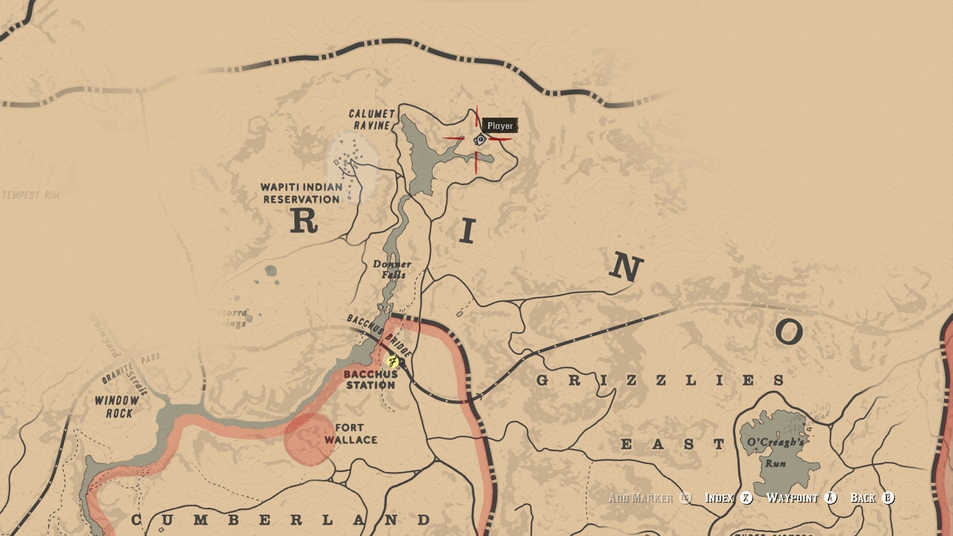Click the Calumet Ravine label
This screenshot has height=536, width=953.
coord(371,120)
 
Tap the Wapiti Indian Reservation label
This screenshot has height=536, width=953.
coord(301,193)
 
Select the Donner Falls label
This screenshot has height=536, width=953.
coord(392,269)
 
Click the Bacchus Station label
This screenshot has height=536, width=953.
coord(370,380)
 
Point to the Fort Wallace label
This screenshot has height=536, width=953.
coord(350,434)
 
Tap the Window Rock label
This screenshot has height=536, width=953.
coord(117,406)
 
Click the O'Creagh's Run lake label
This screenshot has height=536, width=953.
coord(775,452)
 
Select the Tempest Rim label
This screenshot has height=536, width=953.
coord(31,195)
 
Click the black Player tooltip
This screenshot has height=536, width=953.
coord(500,126)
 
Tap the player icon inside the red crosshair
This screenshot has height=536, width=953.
coord(479,140)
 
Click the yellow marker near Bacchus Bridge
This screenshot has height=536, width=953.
coord(393,361)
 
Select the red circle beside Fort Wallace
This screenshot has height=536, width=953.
coord(310,440)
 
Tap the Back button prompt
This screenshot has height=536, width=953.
coord(872,498)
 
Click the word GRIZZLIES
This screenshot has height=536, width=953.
coord(660,381)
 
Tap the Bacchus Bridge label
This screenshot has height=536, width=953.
coord(379,335)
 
